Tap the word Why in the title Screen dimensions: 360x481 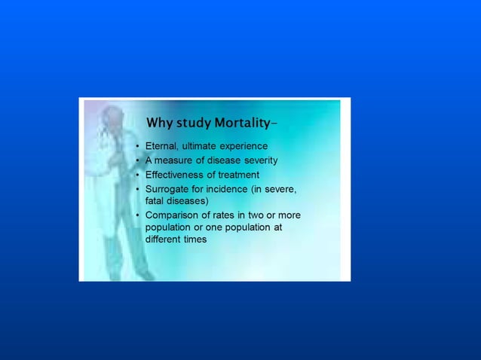coord(158,123)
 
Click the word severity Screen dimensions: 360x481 coord(259,160)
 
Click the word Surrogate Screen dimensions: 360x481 coord(168,188)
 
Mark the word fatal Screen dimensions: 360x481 coord(155,201)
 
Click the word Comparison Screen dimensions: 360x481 coord(173,215)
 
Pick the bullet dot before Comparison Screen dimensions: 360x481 coord(137,216)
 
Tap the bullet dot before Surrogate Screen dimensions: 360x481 coord(137,189)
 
